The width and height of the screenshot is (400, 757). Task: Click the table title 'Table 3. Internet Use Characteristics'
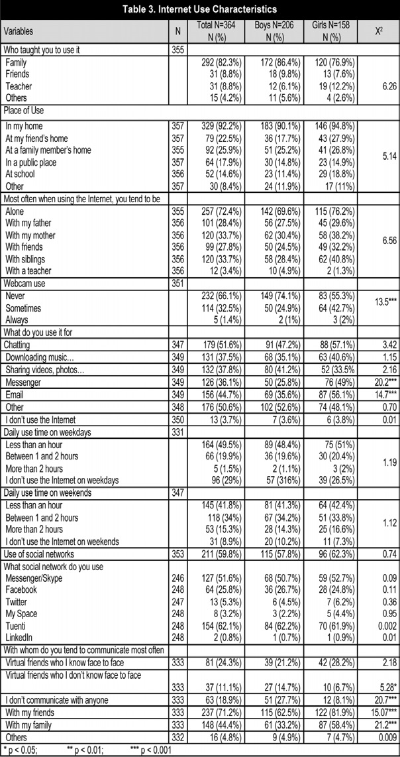coord(200,9)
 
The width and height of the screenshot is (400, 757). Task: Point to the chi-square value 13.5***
coord(379,301)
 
